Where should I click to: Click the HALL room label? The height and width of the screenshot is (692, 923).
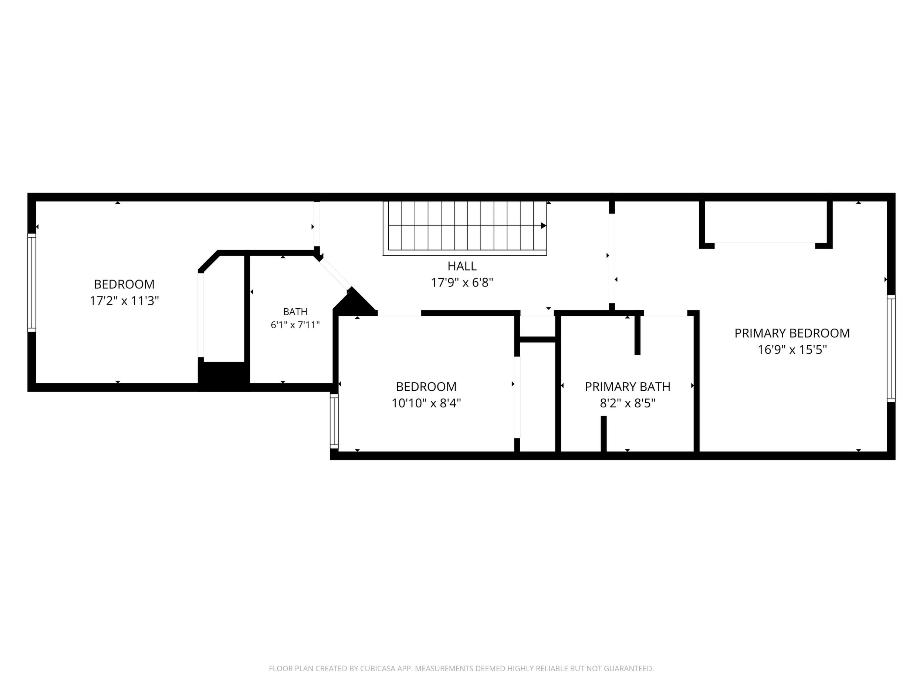[x=462, y=266]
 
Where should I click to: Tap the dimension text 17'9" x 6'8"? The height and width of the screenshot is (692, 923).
[x=462, y=283]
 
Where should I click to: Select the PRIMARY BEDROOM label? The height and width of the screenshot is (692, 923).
[x=792, y=333]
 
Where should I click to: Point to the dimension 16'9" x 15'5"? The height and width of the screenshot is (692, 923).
[x=792, y=350]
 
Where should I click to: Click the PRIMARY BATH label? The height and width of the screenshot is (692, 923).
[x=628, y=387]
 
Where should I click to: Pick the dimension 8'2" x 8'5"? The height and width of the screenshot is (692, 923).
[x=628, y=403]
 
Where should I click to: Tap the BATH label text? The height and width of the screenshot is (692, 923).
[x=295, y=312]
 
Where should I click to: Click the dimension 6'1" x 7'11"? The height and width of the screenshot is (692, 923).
[x=295, y=325]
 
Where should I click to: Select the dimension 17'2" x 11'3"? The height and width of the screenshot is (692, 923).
[x=124, y=301]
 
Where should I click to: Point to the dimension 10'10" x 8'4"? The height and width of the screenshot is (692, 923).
[x=426, y=403]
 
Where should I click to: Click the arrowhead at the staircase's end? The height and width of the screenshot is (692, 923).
[x=544, y=225]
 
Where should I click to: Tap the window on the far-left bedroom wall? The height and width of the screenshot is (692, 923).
[x=32, y=283]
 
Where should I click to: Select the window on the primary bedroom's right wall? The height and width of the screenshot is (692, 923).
[x=891, y=348]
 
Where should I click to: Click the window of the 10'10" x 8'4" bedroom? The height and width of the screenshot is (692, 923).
[x=334, y=421]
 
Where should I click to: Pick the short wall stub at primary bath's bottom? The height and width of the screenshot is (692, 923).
[x=603, y=434]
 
